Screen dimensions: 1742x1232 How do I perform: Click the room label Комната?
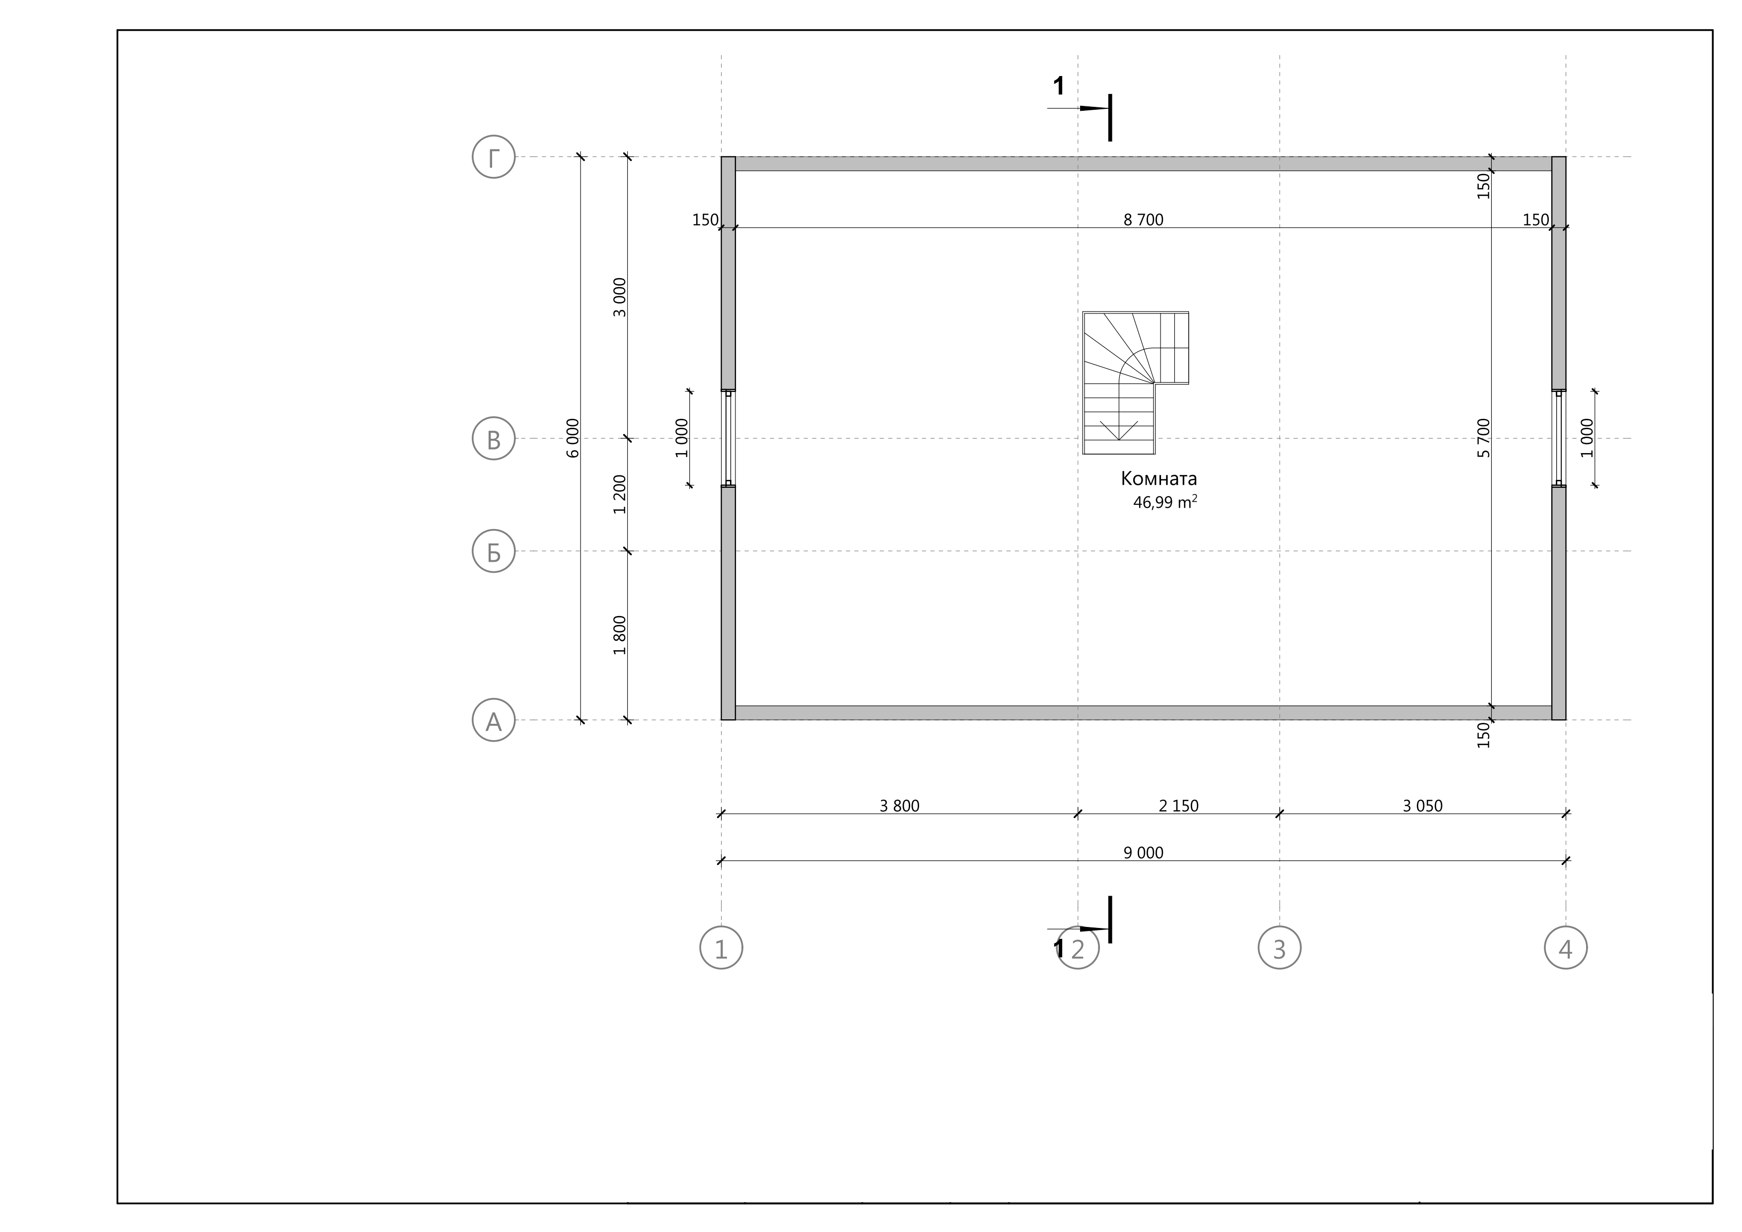[1159, 479]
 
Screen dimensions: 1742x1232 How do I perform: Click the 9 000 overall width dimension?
[1144, 853]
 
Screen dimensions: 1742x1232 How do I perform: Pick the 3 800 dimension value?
[899, 806]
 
